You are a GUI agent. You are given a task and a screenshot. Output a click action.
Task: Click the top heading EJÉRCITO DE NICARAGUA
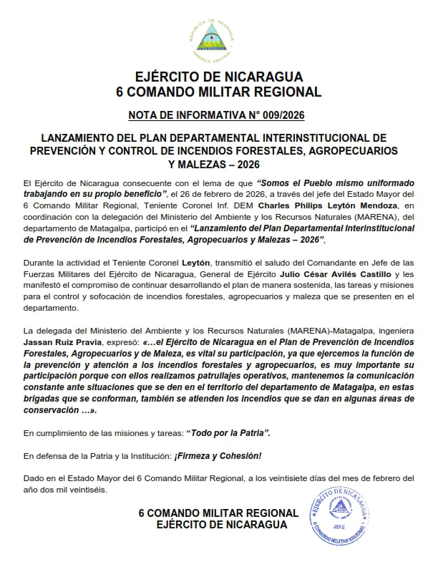218,77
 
